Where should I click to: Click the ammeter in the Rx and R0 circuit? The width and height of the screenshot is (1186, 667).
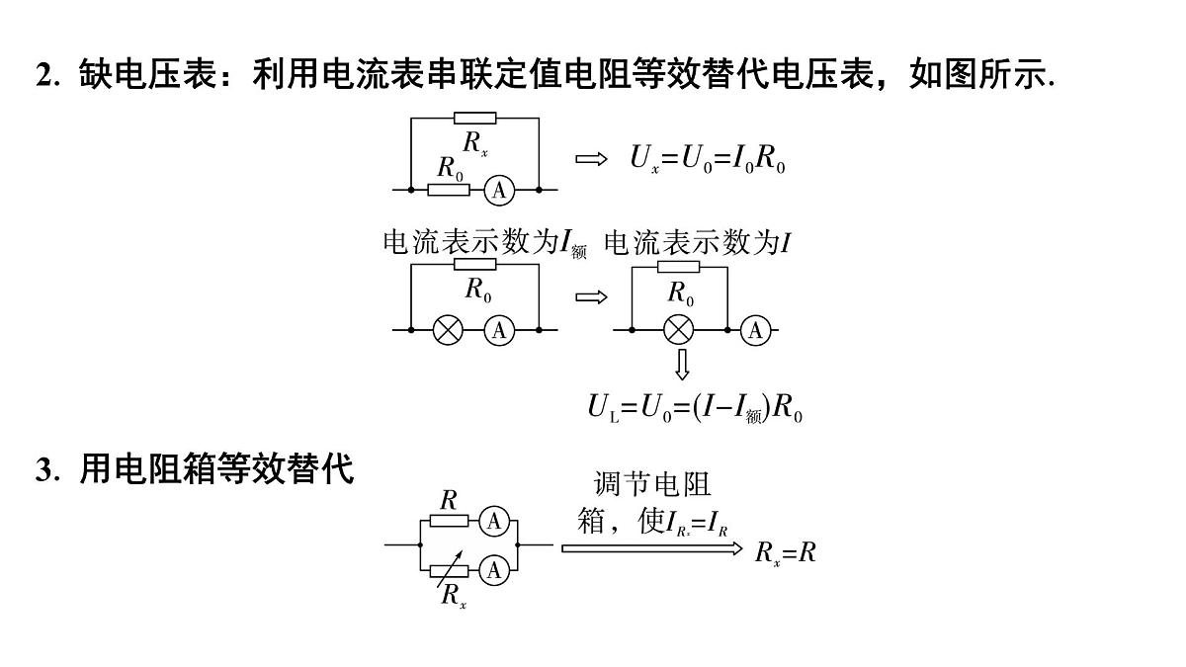click(499, 190)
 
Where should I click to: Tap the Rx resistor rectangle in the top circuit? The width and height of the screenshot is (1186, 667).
click(475, 118)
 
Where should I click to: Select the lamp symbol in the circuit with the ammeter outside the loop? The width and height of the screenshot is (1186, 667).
click(678, 330)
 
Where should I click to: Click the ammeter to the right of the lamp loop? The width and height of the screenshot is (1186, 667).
click(755, 330)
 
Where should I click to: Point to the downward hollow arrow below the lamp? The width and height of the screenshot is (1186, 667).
click(682, 365)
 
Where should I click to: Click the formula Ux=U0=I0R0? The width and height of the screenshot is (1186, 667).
click(708, 158)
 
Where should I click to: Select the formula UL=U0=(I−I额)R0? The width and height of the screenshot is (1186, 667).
click(695, 409)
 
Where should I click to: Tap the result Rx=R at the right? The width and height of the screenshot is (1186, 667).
click(785, 553)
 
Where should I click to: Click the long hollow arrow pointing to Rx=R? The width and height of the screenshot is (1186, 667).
click(652, 548)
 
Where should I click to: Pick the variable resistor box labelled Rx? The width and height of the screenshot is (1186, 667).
click(449, 571)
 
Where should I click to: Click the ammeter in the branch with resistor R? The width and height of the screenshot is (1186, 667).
click(494, 522)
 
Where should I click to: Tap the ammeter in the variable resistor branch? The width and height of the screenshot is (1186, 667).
click(494, 571)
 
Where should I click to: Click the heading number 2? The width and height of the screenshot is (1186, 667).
click(46, 74)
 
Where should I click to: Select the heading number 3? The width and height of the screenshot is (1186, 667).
click(46, 469)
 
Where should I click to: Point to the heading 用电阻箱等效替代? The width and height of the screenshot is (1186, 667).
click(216, 468)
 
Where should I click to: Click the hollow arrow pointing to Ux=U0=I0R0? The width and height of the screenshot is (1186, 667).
click(591, 159)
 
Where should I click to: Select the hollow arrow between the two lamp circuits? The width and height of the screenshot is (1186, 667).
click(591, 297)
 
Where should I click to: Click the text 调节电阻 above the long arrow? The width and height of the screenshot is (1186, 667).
click(651, 484)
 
